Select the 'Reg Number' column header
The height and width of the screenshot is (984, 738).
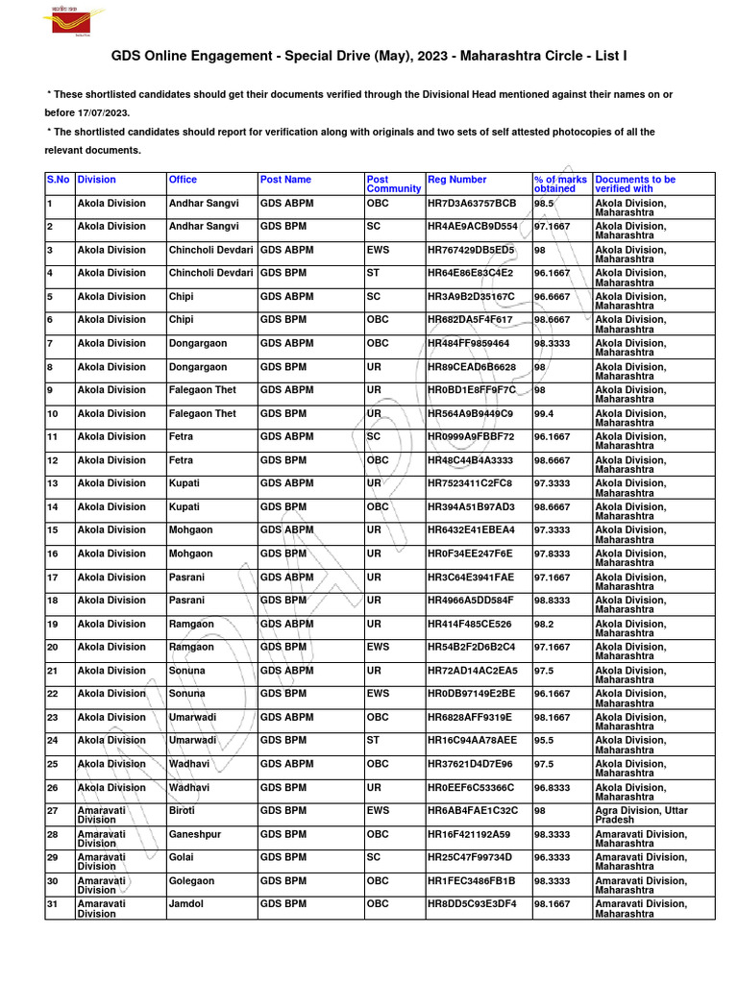[456, 180]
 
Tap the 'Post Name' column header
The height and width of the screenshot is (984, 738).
[285, 180]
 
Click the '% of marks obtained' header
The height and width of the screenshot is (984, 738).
[560, 184]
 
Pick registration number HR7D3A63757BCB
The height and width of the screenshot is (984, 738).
[472, 204]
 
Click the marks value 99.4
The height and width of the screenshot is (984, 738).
[547, 413]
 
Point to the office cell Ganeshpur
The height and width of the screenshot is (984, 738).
[195, 834]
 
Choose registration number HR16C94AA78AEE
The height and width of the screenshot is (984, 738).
[472, 741]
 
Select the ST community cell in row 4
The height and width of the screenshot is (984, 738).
[373, 273]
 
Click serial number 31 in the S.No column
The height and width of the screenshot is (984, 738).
[53, 904]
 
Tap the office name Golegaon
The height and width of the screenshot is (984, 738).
[193, 881]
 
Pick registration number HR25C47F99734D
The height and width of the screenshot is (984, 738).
[470, 857]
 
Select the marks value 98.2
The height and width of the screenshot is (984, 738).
[546, 624]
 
